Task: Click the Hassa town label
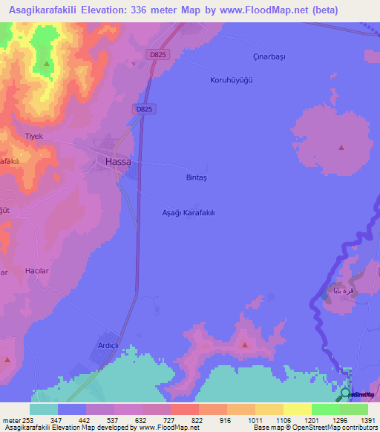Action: [x=118, y=161]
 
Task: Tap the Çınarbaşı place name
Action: [x=269, y=57]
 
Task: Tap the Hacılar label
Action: [x=36, y=271]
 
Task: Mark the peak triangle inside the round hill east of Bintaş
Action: [x=341, y=147]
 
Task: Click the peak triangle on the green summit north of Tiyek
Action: [x=46, y=64]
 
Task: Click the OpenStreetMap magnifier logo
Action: [x=345, y=394]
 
